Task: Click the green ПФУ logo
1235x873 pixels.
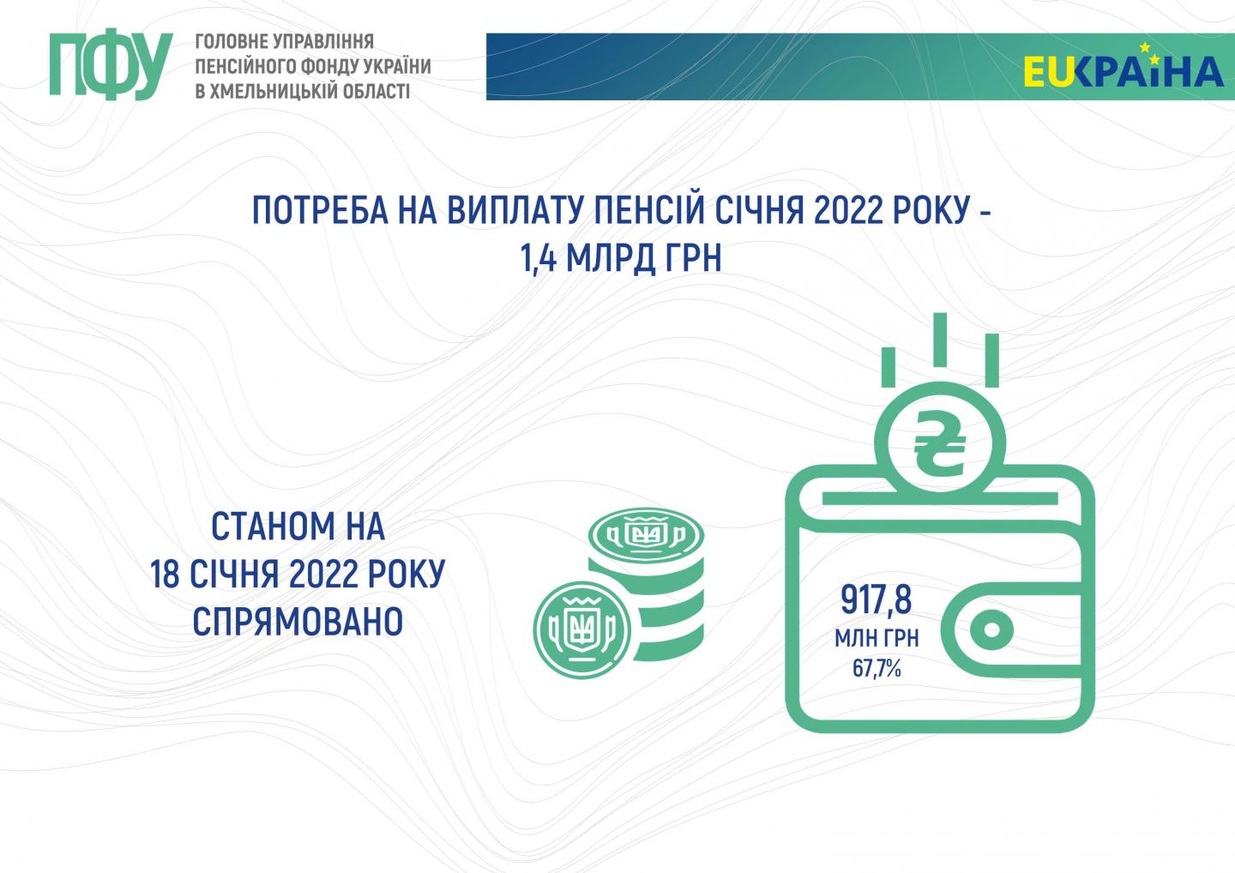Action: [x=111, y=64]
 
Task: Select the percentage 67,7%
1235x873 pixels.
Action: [x=877, y=669]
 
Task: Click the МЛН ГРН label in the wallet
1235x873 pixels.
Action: [x=877, y=638]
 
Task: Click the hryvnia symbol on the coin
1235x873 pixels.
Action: [x=939, y=444]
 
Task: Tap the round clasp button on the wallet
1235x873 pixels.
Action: [x=991, y=629]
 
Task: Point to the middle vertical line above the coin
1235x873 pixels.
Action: [x=940, y=340]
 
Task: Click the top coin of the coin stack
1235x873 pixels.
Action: [x=646, y=533]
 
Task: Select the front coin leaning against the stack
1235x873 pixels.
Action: [x=582, y=630]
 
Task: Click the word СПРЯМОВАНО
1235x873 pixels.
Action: [x=298, y=621]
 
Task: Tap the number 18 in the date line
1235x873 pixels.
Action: [x=165, y=574]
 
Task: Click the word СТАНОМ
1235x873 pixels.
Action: [x=273, y=527]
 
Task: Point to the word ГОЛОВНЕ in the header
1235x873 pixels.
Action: [x=231, y=41]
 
